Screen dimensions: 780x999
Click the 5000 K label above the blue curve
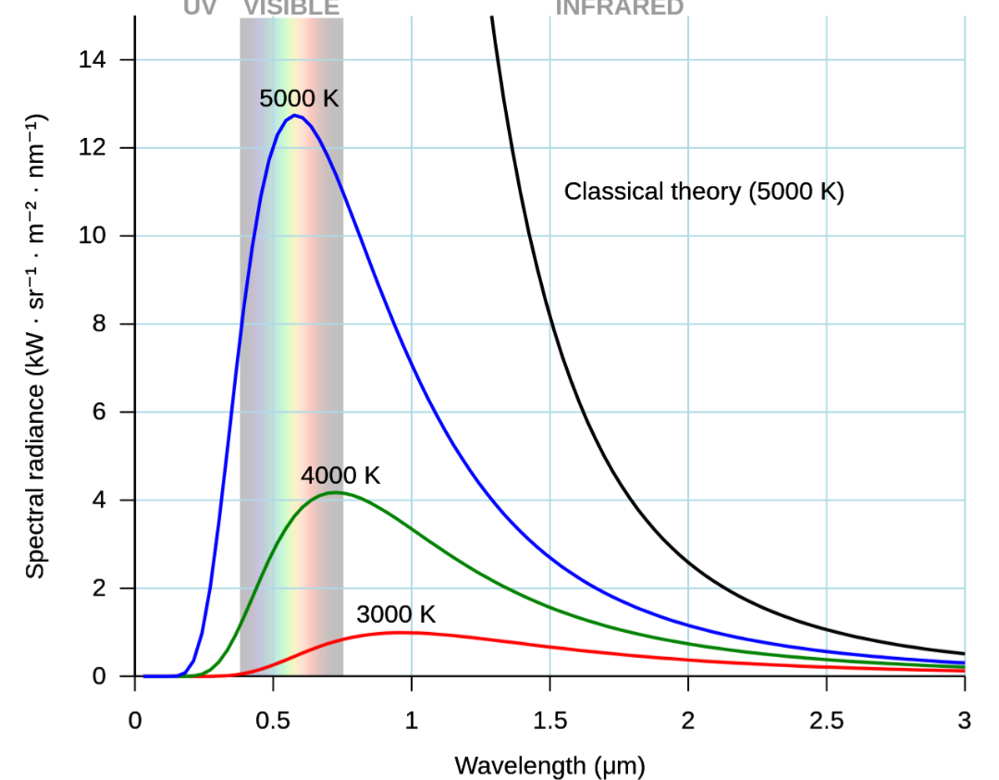299,98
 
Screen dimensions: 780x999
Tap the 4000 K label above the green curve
340,476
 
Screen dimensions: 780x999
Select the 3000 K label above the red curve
395,614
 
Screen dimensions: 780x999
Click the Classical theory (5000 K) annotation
704,192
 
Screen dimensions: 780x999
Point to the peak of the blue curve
294,116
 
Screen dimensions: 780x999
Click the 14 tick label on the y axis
94,60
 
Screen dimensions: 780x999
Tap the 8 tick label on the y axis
101,324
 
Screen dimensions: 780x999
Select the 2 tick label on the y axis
101,588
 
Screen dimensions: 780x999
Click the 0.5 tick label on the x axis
273,721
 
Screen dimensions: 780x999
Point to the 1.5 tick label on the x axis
549,721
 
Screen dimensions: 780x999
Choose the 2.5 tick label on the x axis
826,721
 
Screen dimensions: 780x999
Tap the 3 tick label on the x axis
964,721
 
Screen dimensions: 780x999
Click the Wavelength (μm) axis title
549,765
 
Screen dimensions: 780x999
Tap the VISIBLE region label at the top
291,8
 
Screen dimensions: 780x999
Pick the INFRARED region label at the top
619,8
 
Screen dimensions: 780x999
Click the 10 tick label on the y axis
94,236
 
